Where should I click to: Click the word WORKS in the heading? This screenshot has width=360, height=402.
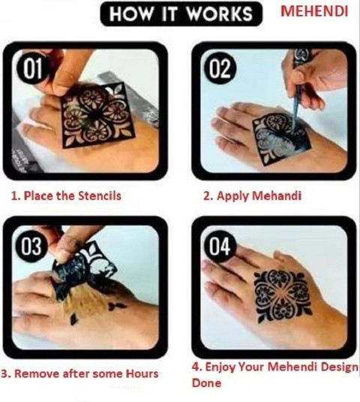pyautogui.click(x=220, y=13)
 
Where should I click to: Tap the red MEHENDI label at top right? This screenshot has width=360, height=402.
pyautogui.click(x=314, y=11)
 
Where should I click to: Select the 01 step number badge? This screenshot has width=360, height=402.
pyautogui.click(x=32, y=68)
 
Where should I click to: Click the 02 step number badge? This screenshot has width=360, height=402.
pyautogui.click(x=220, y=68)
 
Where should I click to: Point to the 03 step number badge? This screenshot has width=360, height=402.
pyautogui.click(x=31, y=247)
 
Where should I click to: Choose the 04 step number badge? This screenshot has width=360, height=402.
pyautogui.click(x=220, y=247)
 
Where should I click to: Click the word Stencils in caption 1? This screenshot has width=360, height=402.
pyautogui.click(x=100, y=196)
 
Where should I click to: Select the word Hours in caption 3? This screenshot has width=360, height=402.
pyautogui.click(x=142, y=373)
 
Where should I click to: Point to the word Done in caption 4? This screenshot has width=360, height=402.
pyautogui.click(x=206, y=383)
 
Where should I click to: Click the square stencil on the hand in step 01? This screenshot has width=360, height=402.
pyautogui.click(x=98, y=115)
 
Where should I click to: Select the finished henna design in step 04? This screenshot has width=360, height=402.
pyautogui.click(x=283, y=295)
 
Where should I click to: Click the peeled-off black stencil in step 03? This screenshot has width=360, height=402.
pyautogui.click(x=83, y=271)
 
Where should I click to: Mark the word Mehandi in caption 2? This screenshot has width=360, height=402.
pyautogui.click(x=277, y=196)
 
